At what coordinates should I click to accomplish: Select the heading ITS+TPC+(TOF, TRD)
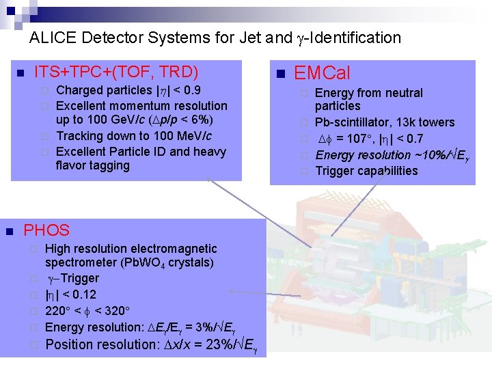[116, 71]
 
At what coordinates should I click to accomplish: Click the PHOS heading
[46, 230]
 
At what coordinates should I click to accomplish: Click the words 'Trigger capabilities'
[366, 171]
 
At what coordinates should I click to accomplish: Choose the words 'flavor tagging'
[92, 165]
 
